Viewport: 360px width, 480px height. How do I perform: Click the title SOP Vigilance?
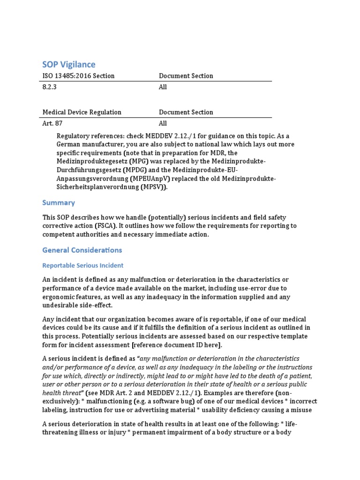coord(69,64)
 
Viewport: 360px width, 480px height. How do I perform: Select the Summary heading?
coord(59,202)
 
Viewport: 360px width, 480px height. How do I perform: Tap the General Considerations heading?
coord(82,250)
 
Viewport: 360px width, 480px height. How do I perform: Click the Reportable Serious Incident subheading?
coord(83,265)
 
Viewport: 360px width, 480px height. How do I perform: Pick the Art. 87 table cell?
coord(52,123)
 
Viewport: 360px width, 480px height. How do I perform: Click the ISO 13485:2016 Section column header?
coord(78,75)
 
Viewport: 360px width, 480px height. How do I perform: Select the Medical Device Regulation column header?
coord(82,112)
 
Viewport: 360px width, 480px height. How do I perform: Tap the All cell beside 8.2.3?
coord(163,87)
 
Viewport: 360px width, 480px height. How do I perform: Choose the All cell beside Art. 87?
coord(163,123)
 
